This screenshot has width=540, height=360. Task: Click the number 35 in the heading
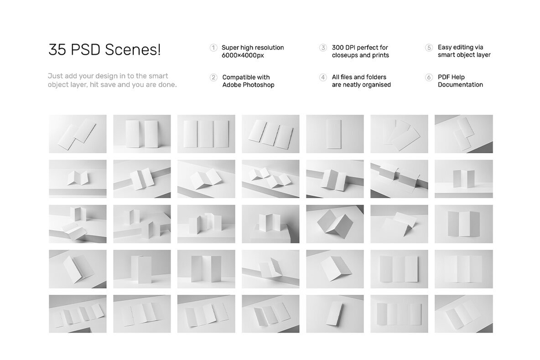click(57, 50)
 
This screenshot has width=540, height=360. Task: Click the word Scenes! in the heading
click(133, 50)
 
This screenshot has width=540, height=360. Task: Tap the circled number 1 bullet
click(213, 47)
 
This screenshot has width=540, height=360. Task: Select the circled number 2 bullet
click(213, 77)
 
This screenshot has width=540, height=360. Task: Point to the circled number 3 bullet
click(323, 47)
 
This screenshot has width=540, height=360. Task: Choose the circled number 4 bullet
click(323, 77)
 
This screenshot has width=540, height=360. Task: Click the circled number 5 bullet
click(429, 47)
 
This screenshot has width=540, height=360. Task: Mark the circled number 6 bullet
click(429, 77)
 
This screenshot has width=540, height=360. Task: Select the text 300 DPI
click(345, 47)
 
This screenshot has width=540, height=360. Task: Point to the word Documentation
click(460, 85)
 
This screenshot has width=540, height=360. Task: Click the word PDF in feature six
click(445, 77)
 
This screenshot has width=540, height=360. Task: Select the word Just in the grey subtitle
click(55, 76)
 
